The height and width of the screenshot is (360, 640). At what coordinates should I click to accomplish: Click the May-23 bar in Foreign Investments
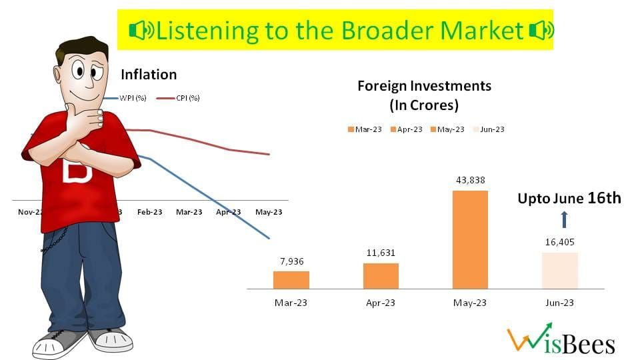[470, 239]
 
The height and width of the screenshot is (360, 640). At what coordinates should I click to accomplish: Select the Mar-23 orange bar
[291, 279]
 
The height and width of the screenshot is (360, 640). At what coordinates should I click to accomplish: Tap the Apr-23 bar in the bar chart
[381, 275]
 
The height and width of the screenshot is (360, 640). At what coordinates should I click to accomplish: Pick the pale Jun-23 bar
[559, 270]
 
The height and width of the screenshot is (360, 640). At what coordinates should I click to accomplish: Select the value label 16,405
[559, 243]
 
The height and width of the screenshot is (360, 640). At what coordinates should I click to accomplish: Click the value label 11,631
[381, 253]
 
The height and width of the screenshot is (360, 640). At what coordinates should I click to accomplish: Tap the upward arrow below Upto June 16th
[563, 219]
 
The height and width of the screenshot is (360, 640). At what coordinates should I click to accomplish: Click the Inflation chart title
[149, 75]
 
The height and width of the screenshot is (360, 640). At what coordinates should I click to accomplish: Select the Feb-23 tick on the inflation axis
[149, 212]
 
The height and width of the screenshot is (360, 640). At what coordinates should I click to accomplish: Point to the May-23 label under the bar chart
[470, 303]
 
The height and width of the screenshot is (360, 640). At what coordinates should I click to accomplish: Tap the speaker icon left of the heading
[141, 31]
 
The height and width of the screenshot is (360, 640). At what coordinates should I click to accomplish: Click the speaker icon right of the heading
[540, 31]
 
